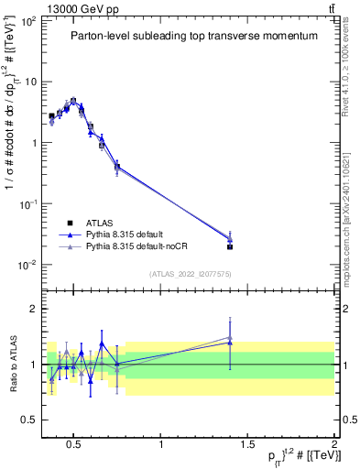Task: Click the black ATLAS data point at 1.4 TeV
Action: pyautogui.click(x=230, y=246)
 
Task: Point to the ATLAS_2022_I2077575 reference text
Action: pyautogui.click(x=189, y=274)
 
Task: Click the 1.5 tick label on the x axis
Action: pyautogui.click(x=247, y=445)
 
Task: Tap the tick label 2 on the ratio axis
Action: pyautogui.click(x=33, y=310)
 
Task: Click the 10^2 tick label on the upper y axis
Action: pyautogui.click(x=27, y=20)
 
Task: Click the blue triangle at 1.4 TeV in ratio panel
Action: pyautogui.click(x=230, y=343)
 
